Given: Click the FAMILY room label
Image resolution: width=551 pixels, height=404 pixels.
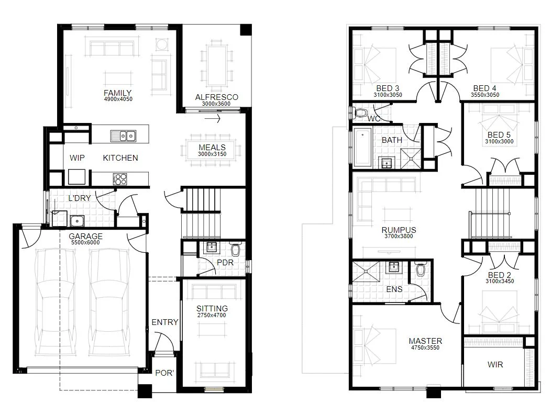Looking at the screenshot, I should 117,93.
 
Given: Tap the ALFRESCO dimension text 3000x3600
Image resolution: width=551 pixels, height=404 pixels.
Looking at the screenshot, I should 216,104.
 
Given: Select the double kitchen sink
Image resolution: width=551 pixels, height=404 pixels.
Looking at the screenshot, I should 123,136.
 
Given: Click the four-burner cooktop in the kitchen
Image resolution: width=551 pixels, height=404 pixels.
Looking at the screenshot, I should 120,178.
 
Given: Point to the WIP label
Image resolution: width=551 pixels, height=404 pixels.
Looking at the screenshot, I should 77,158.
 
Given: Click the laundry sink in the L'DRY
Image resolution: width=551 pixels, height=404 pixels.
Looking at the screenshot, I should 76,220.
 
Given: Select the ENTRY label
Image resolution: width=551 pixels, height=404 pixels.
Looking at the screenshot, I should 164,322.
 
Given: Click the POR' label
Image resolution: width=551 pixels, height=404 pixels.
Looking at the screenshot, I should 164,373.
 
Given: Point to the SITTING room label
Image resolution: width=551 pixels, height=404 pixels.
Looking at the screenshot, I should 212,308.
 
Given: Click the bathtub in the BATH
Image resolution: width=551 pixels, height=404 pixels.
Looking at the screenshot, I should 363,147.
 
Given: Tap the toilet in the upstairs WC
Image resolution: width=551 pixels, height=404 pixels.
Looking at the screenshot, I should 361,112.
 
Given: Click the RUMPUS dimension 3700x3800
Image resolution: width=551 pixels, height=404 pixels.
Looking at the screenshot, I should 399,236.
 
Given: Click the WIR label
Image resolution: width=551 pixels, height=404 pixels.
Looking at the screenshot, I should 495,364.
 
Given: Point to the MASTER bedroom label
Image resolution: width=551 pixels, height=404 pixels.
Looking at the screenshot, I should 425,341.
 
